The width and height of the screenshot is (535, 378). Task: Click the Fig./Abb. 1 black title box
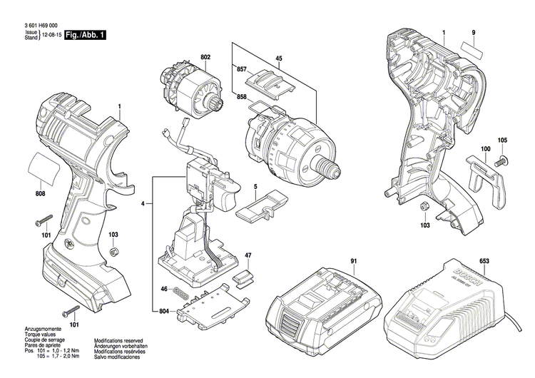point(84,35)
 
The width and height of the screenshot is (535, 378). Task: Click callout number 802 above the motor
point(205,57)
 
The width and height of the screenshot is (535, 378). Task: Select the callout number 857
point(241,71)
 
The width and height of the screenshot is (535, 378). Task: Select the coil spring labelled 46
point(183,289)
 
